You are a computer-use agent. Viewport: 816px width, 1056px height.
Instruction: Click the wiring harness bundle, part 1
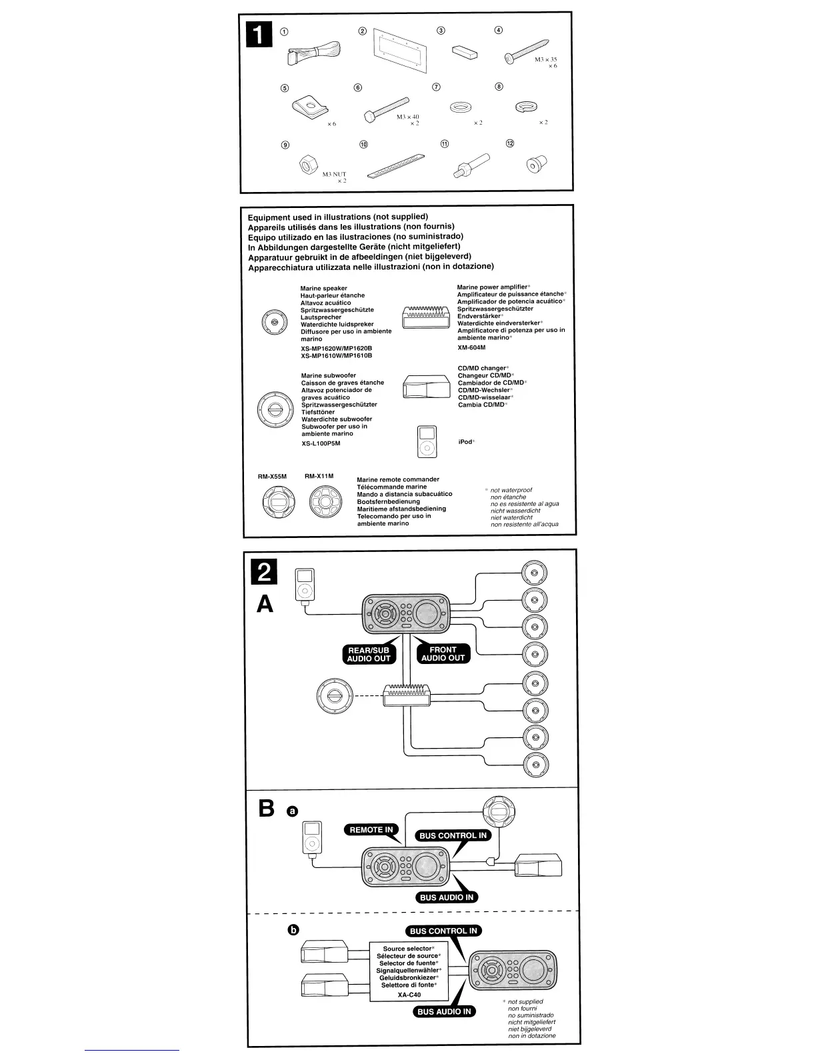pos(313,53)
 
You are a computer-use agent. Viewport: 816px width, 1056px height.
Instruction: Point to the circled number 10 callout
pos(363,144)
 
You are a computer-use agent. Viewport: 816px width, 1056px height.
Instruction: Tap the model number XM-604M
pos(471,347)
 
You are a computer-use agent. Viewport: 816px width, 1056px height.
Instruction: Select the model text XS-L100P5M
pos(321,443)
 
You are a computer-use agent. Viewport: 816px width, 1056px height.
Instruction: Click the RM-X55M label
pos(272,477)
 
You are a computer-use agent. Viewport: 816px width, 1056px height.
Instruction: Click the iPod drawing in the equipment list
pos(427,441)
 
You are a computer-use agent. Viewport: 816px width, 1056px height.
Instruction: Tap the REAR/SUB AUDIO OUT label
pos(369,654)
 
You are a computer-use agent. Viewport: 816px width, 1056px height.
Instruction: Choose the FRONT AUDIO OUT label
pos(443,653)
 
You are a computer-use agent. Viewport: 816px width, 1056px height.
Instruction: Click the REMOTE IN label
pos(371,830)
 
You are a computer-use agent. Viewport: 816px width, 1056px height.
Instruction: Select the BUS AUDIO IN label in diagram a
pos(446,897)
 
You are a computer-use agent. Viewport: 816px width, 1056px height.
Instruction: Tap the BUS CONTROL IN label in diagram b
pos(443,931)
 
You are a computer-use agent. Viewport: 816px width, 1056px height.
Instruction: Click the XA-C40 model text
pos(409,995)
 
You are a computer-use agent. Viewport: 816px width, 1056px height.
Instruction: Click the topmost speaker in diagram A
pos(535,572)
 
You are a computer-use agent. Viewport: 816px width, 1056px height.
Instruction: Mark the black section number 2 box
pos(264,573)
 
